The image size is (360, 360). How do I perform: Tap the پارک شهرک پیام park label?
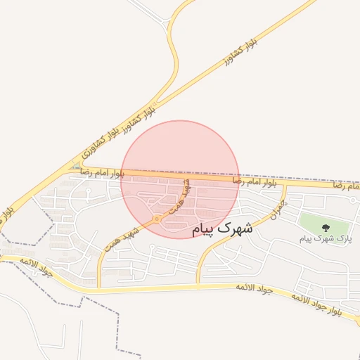tap(325, 239)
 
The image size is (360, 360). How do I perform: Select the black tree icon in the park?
tap(326, 226)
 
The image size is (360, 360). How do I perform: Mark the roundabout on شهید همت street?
tap(157, 219)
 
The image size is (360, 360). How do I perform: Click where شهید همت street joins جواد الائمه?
tap(100, 288)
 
